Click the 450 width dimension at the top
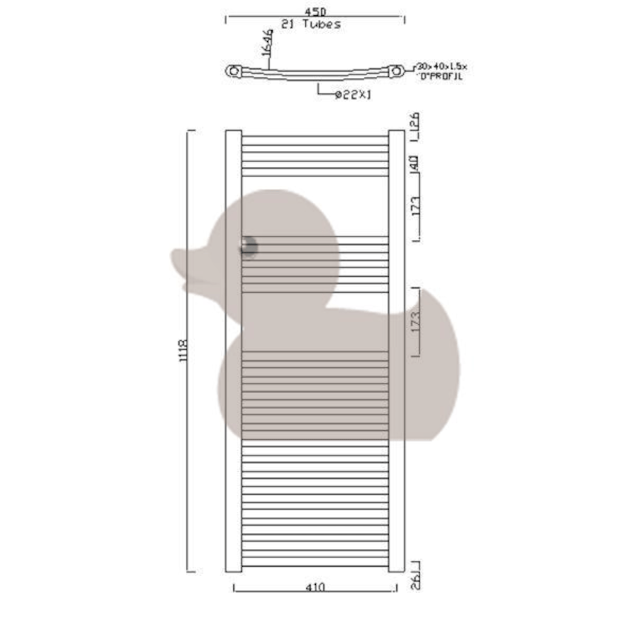[x=315, y=12]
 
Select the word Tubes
[x=322, y=24]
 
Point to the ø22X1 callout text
[x=353, y=95]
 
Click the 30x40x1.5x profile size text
[x=441, y=67]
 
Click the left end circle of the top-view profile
[x=232, y=70]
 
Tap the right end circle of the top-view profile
[x=397, y=70]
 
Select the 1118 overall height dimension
[x=184, y=350]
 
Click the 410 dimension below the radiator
[x=315, y=587]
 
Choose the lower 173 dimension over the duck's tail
[x=415, y=321]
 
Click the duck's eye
[x=248, y=247]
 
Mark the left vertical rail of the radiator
[x=233, y=350]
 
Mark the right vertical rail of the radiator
[x=396, y=350]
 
